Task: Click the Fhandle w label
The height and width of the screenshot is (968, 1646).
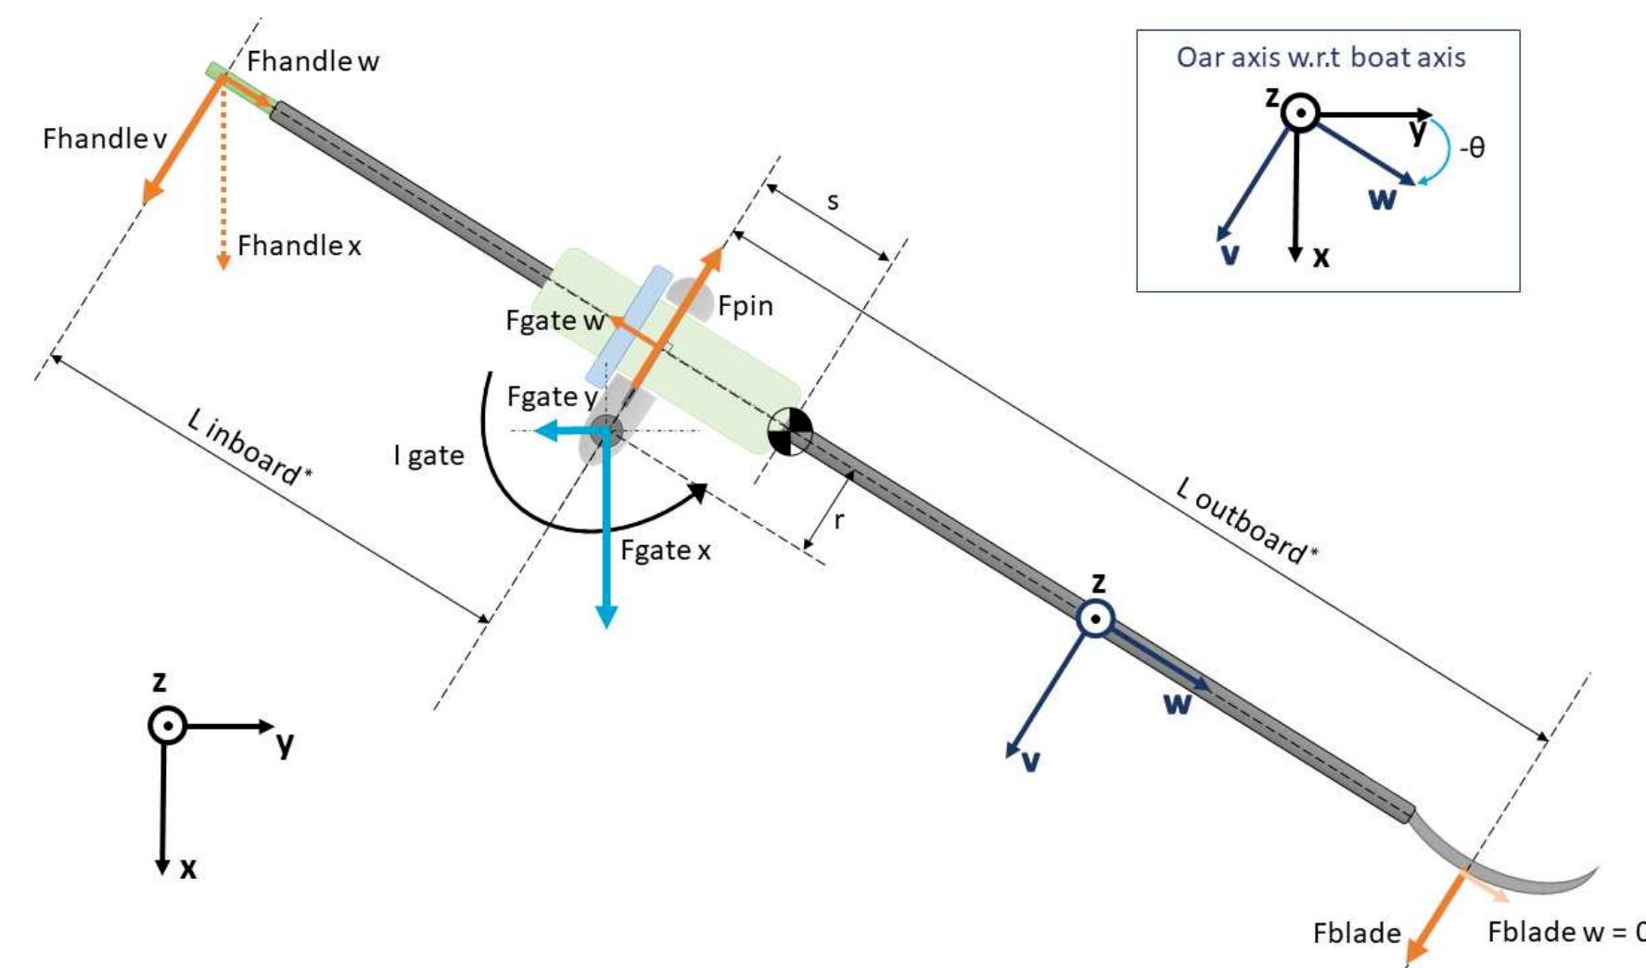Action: coord(313,62)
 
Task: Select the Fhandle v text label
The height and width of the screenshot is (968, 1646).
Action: coord(105,139)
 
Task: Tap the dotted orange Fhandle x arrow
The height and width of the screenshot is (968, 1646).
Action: coord(223,185)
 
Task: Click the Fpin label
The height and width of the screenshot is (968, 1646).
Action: coord(745,306)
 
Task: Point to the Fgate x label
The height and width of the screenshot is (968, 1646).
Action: coord(665,551)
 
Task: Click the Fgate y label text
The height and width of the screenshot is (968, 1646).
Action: coord(552,398)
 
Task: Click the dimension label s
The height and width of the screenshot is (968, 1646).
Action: coord(833,201)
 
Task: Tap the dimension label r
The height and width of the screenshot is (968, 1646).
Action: coord(838,521)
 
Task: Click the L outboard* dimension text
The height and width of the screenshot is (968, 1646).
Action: coord(1245,520)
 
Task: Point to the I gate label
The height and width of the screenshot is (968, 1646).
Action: coord(428,456)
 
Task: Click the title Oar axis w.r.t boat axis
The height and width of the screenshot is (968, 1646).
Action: coord(1321,57)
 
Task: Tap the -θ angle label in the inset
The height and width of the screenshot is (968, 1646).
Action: coord(1472,147)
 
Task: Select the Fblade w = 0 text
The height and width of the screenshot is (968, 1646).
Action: coord(1565,933)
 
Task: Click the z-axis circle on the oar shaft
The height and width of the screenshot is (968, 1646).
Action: coord(1095,618)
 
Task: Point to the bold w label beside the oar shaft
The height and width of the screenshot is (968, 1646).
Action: coord(1177,704)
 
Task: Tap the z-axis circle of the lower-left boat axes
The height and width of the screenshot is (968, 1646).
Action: coord(167,725)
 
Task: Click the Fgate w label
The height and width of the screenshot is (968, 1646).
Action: coord(555,321)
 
